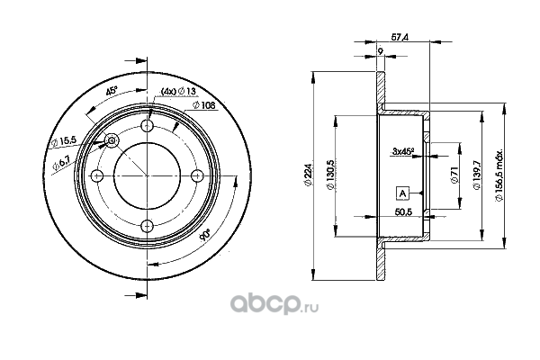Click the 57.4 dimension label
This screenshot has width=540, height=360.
(400, 37)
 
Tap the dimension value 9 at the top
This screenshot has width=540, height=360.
(380, 51)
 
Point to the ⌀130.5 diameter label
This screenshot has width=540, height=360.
(330, 175)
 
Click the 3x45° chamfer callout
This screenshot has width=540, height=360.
(402, 150)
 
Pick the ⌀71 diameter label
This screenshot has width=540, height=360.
(454, 175)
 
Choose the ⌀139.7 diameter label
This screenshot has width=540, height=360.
(477, 175)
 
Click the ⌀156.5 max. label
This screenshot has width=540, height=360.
(499, 175)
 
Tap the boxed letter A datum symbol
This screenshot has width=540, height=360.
(402, 193)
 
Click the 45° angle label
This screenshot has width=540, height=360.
(112, 91)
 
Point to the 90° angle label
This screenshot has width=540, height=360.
(205, 235)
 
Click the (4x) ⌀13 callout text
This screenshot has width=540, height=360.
(179, 91)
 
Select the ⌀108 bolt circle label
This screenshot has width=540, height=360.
(204, 105)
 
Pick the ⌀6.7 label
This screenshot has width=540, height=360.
(61, 162)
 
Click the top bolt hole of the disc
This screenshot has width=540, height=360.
(148, 126)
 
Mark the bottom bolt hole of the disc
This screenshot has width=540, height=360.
(148, 226)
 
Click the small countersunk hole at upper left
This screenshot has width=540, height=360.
(112, 140)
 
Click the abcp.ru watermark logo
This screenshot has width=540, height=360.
(274, 304)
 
